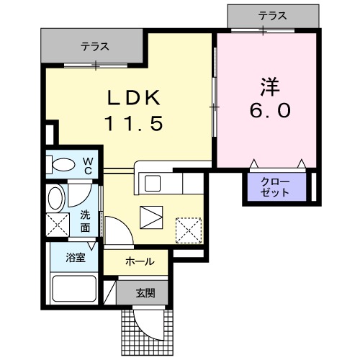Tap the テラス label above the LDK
click(94, 46)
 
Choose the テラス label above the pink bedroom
click(274, 14)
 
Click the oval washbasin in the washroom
click(55, 197)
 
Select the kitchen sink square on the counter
click(153, 183)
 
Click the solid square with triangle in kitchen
click(152, 216)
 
